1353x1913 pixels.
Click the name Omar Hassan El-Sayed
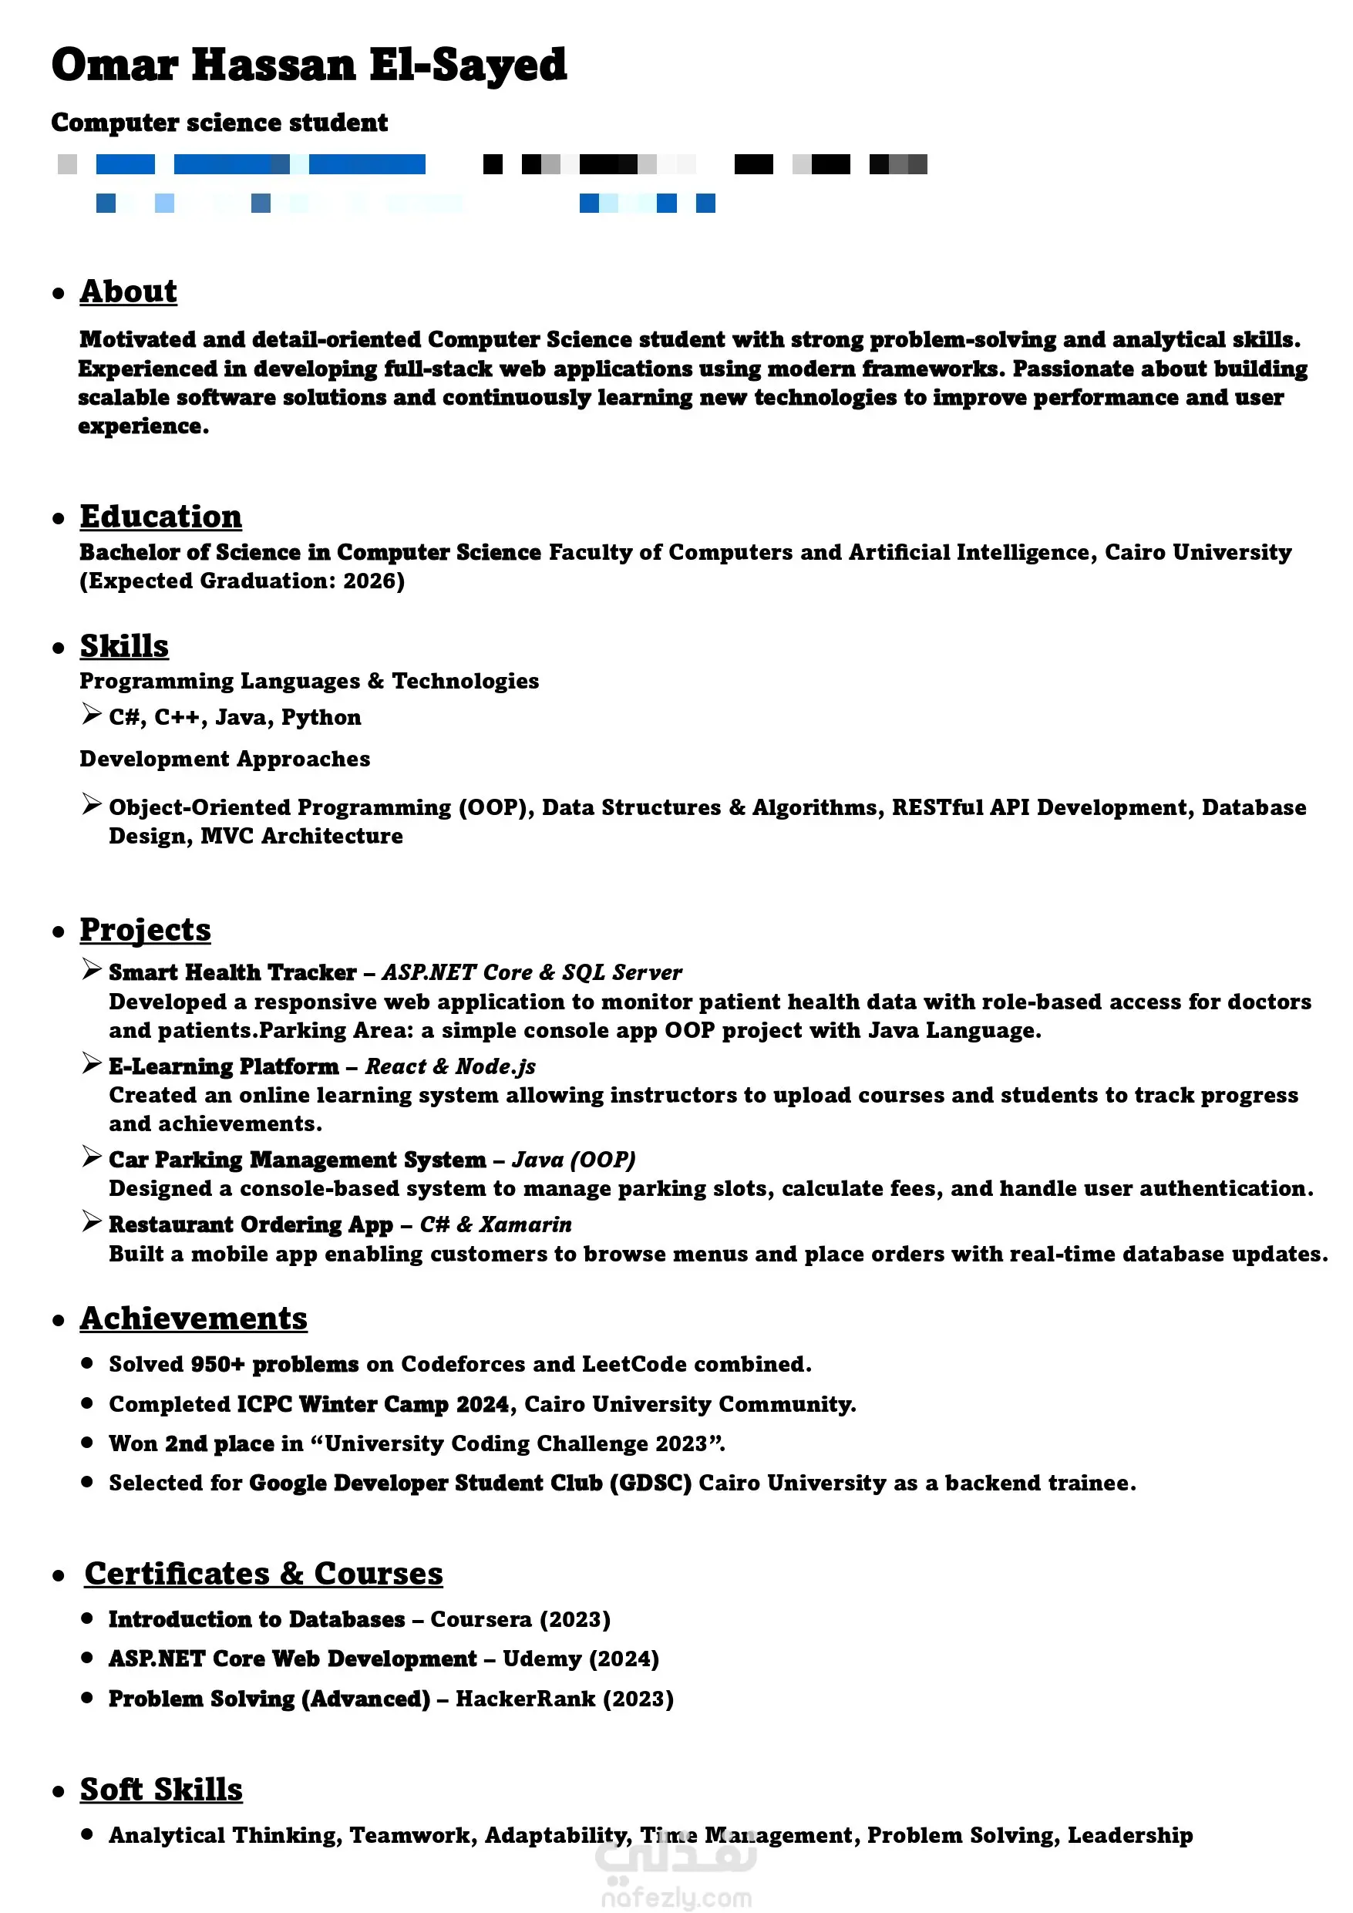tap(308, 65)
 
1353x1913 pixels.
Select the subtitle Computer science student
tap(219, 123)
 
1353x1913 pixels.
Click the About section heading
tap(128, 291)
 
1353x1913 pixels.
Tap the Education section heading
tap(161, 517)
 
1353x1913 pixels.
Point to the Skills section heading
tap(124, 645)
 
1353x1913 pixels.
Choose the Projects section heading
tap(145, 929)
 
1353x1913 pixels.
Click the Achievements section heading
tap(194, 1318)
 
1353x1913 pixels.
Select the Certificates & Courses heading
tap(263, 1573)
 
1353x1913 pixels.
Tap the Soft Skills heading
tap(161, 1789)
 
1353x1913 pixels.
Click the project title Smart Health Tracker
tap(233, 972)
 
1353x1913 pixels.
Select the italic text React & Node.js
tap(451, 1066)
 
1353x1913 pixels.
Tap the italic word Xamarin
tap(526, 1224)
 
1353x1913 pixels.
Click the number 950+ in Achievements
tap(217, 1364)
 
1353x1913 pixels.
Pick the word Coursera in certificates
tap(481, 1619)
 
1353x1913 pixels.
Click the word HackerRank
tap(526, 1699)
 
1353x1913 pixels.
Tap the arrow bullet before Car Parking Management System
tap(92, 1157)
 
